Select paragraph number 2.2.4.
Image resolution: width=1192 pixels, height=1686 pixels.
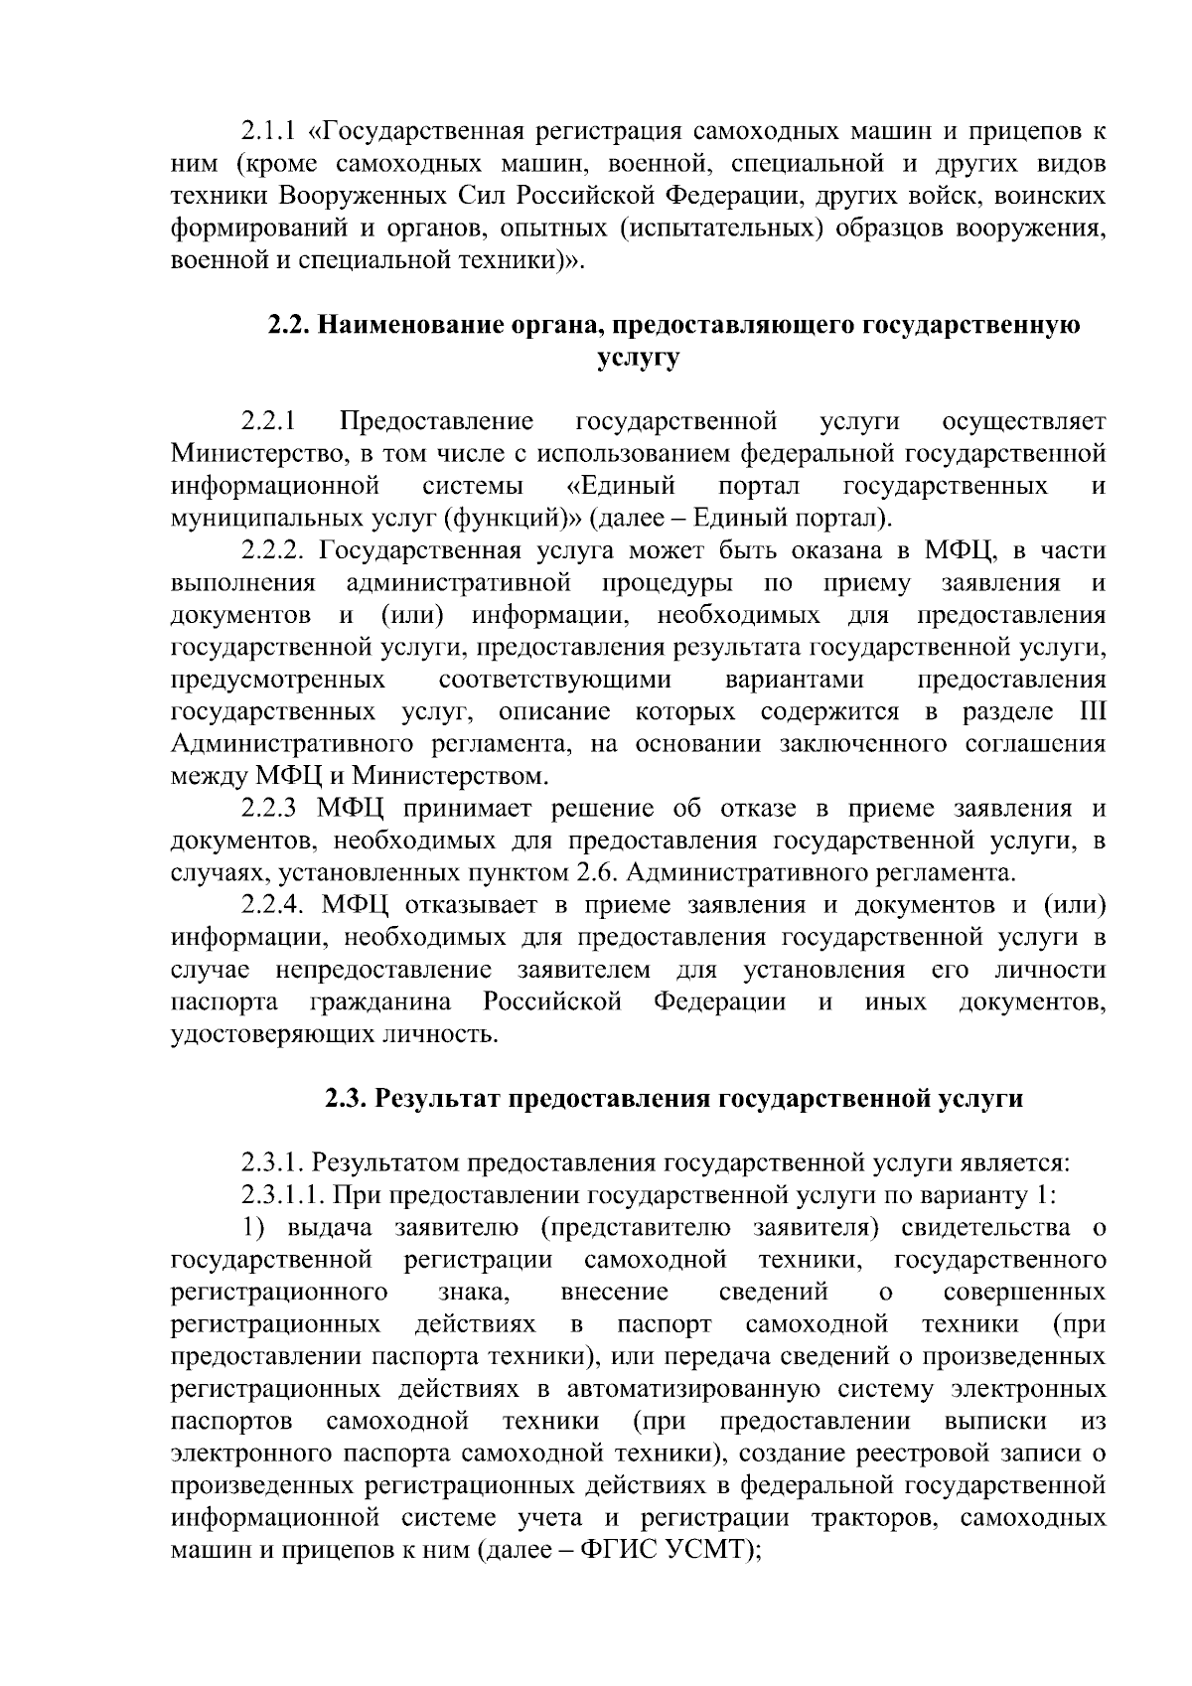[275, 907]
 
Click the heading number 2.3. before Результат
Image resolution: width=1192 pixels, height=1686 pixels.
[347, 1100]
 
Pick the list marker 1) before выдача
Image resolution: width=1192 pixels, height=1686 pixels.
[256, 1229]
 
